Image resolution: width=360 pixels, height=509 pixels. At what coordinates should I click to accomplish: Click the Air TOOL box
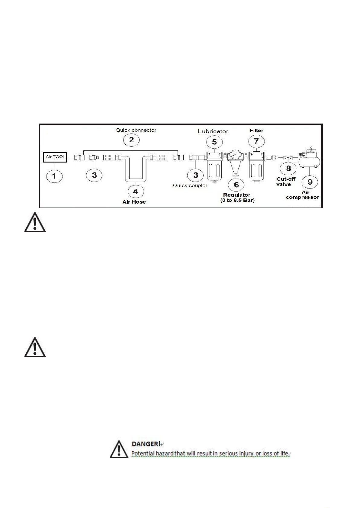coord(55,157)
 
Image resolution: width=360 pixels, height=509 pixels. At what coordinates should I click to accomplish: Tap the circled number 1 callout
coord(54,176)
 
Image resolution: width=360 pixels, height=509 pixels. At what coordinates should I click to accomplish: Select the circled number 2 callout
coord(131,140)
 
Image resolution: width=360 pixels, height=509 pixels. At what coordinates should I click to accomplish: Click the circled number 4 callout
coord(136,191)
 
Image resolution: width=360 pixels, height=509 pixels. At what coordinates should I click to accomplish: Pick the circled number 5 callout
coord(214,142)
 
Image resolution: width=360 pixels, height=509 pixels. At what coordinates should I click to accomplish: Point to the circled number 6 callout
coord(236,185)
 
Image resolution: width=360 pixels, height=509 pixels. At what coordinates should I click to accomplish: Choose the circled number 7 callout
coord(256,141)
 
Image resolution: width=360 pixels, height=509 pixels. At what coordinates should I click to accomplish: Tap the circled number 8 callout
coord(288,168)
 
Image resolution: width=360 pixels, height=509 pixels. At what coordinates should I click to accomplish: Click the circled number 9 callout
coord(310,182)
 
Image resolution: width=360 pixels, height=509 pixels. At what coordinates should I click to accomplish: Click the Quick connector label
coord(136,130)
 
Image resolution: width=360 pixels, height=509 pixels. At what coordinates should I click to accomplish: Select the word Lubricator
coord(213,131)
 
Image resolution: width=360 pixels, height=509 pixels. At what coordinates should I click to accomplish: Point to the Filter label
coord(256,130)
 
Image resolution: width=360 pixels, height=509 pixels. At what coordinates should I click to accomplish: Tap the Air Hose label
coord(134,202)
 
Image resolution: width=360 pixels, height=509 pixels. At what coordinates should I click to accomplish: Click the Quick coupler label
coord(190,185)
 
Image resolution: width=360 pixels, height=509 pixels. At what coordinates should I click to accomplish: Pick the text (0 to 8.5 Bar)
coord(237,200)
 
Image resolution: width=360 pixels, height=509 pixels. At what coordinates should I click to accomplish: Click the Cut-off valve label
coord(286,182)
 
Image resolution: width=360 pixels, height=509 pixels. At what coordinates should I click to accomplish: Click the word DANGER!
coord(146,444)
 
